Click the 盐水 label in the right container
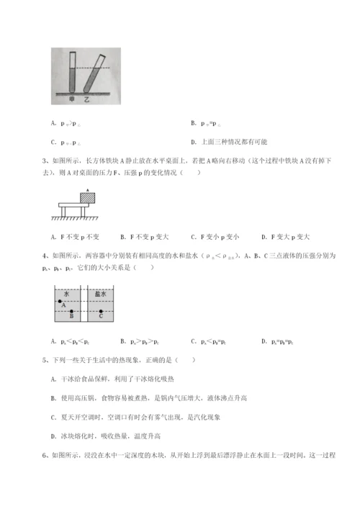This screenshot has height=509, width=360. (101, 294)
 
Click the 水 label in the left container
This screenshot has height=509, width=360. (66, 294)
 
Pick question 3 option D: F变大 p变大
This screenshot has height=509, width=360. (285, 236)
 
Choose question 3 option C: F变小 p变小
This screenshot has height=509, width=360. (215, 236)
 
